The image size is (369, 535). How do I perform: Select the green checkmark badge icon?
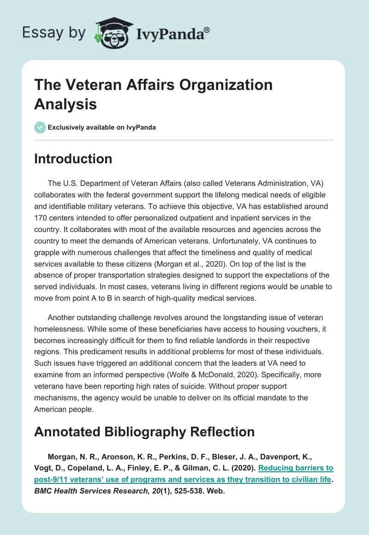click(x=40, y=127)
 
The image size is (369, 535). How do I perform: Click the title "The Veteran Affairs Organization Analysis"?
click(x=153, y=95)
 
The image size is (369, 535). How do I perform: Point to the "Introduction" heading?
click(x=73, y=159)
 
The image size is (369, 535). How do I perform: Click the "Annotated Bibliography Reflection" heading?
click(x=144, y=432)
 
